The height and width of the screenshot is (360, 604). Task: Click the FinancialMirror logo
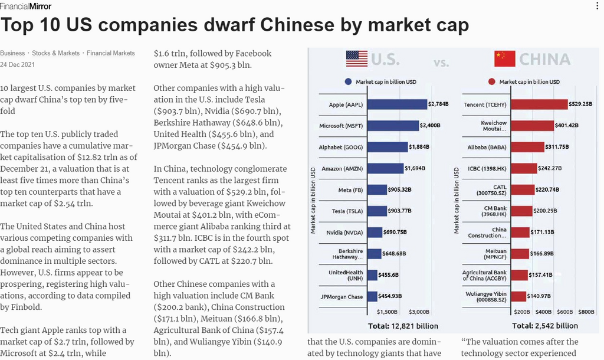26,6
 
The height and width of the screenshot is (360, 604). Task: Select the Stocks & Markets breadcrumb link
55,53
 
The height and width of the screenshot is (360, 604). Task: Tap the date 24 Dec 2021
17,64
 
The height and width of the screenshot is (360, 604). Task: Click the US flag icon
356,58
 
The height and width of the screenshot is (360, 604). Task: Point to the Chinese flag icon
504,58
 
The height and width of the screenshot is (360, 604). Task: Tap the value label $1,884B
419,147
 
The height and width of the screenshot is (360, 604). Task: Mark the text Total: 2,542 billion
545,326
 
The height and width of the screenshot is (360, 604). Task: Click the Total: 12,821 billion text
403,326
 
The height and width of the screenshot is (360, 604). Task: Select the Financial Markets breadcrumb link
111,53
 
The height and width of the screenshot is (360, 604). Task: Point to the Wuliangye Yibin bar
518,296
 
